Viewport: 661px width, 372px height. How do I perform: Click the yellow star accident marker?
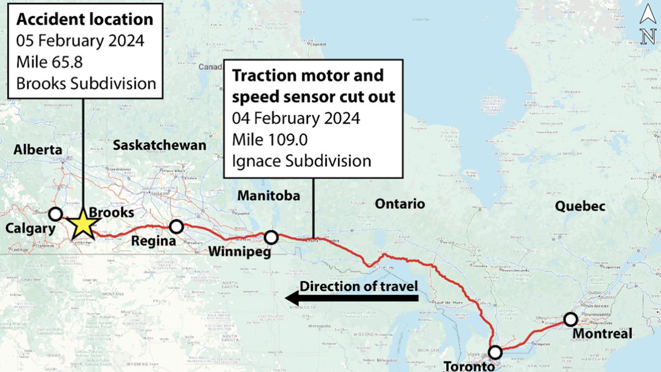pos(84,224)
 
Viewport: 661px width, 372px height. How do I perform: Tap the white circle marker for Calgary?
pos(55,214)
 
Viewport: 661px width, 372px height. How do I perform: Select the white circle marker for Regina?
pos(177,226)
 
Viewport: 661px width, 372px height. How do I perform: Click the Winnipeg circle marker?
pos(271,238)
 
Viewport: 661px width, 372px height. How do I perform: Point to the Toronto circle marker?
pos(495,352)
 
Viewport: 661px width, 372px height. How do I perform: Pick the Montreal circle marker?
pos(571,319)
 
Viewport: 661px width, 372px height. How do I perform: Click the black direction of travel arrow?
pos(351,298)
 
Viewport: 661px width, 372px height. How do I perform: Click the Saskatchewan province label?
pos(159,145)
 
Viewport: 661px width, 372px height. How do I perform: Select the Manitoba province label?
pos(269,195)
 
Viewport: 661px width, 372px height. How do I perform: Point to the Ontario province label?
pos(400,204)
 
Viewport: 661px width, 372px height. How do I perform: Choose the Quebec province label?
pos(580,207)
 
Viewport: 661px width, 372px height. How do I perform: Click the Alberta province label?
pos(38,150)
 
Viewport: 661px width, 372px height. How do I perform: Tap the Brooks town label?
pos(112,212)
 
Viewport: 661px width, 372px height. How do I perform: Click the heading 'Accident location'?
pos(85,20)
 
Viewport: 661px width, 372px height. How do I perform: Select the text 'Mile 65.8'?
pos(50,62)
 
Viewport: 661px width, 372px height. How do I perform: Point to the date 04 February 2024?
pos(296,118)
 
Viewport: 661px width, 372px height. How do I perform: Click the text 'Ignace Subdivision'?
pos(302,160)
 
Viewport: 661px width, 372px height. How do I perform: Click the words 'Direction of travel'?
pos(359,286)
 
